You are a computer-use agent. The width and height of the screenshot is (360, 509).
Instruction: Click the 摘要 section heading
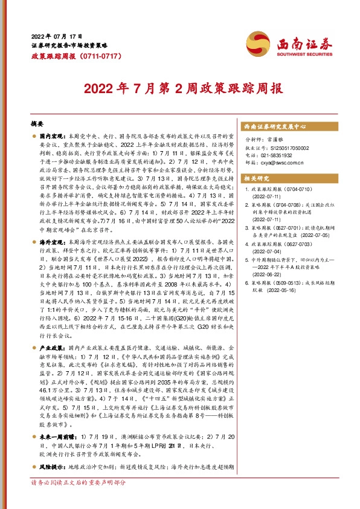[x=38, y=123]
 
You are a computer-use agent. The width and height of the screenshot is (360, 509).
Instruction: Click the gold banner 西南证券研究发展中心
[x=275, y=127]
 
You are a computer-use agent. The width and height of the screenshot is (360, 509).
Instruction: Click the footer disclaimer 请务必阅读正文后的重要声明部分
[x=79, y=500]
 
